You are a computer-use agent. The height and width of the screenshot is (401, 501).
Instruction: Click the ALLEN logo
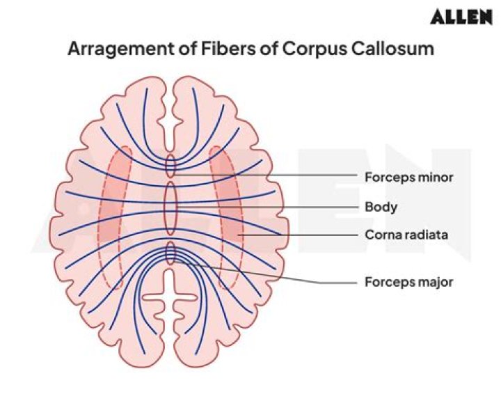461,17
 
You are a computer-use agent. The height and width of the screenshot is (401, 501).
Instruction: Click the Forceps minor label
408,177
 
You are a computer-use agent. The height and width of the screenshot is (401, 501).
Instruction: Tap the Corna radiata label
406,235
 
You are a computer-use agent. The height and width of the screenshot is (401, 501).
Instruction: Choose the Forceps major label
408,282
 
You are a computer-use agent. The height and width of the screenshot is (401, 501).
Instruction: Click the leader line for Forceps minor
306,175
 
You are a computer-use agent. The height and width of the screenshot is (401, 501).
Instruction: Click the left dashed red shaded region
116,216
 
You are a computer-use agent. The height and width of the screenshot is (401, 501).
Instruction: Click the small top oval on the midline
170,165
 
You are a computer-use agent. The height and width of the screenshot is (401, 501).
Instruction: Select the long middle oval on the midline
170,207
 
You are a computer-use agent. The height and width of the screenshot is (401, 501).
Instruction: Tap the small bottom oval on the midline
170,253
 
